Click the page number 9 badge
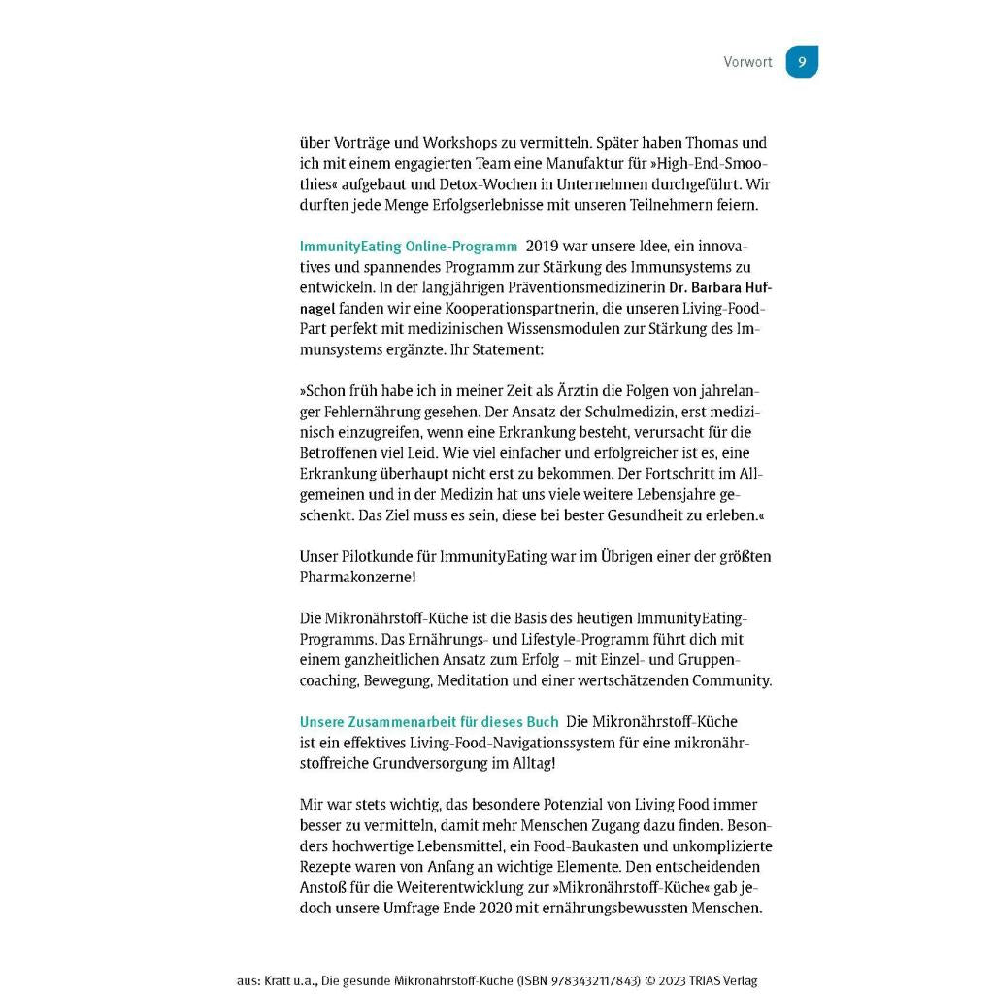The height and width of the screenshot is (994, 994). pyautogui.click(x=802, y=61)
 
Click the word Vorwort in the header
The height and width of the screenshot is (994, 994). pyautogui.click(x=747, y=62)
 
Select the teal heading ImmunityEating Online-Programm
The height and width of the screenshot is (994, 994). pyautogui.click(x=408, y=247)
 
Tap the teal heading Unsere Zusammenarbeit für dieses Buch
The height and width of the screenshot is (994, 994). pyautogui.click(x=428, y=722)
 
